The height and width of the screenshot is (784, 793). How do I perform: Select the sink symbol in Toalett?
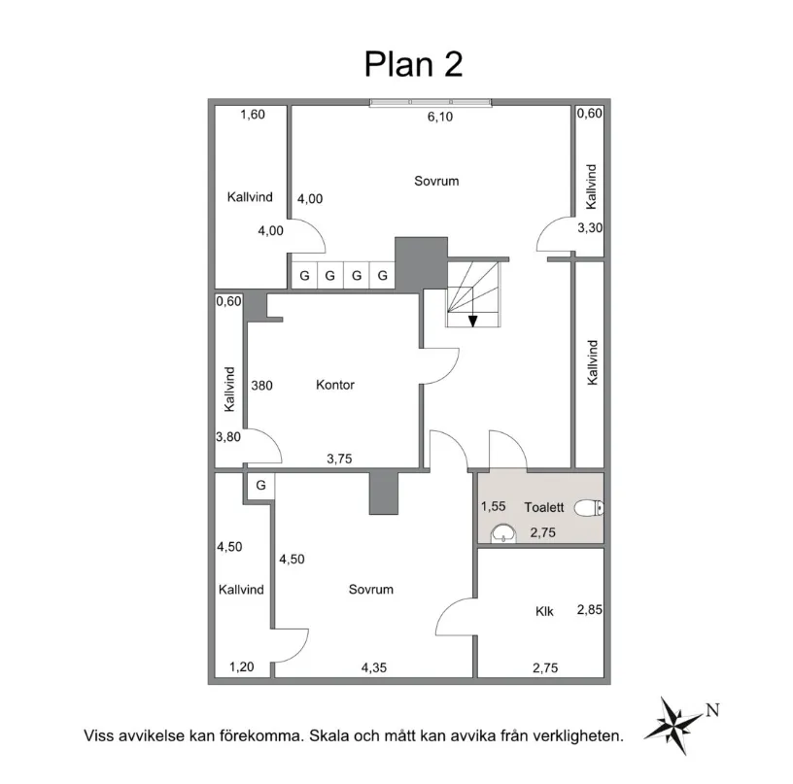(x=504, y=532)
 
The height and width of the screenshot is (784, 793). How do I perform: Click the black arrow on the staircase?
(x=472, y=321)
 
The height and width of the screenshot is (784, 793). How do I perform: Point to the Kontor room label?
(x=335, y=385)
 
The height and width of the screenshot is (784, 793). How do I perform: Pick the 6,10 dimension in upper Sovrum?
(x=441, y=118)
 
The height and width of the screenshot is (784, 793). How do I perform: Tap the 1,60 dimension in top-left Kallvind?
(x=252, y=115)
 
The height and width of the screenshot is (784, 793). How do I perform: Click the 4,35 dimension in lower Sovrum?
(x=374, y=667)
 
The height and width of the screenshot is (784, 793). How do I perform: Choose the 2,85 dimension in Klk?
(x=590, y=610)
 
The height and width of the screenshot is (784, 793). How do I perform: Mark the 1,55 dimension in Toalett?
(x=494, y=506)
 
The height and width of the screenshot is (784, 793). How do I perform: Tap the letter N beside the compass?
(x=711, y=708)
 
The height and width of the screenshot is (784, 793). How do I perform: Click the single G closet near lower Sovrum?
(x=260, y=485)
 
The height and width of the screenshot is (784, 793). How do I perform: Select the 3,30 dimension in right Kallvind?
(x=590, y=229)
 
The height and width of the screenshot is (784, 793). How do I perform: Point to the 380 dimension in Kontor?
(x=261, y=385)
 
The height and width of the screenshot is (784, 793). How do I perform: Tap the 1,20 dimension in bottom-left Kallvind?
(x=241, y=667)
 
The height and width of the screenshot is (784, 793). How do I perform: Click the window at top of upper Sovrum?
(x=430, y=101)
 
